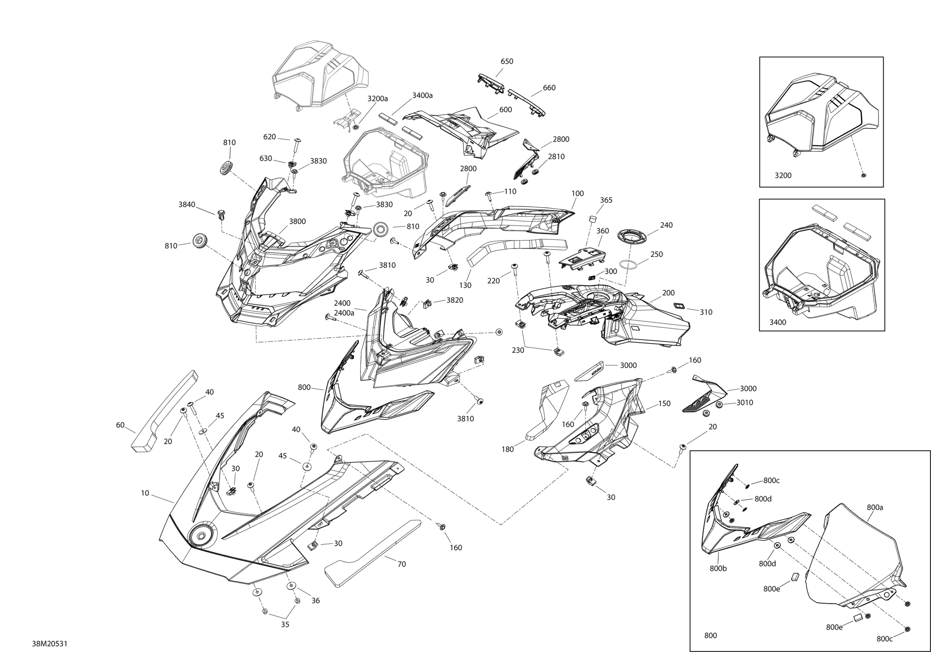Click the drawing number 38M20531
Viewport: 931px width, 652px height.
pyautogui.click(x=50, y=644)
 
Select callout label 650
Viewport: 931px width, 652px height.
pyautogui.click(x=507, y=61)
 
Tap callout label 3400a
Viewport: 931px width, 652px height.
pyautogui.click(x=422, y=95)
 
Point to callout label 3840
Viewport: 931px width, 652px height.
pyautogui.click(x=187, y=205)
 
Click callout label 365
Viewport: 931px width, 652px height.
pyautogui.click(x=606, y=200)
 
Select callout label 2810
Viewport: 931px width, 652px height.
pyautogui.click(x=556, y=156)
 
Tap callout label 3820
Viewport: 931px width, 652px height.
pyautogui.click(x=455, y=300)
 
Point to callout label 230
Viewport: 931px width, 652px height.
pyautogui.click(x=518, y=350)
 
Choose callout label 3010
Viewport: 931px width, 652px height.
pyautogui.click(x=745, y=402)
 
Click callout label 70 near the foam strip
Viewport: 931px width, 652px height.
pyautogui.click(x=402, y=564)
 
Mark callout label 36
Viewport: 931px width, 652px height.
pyautogui.click(x=316, y=600)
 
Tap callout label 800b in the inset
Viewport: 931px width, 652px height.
pyautogui.click(x=718, y=569)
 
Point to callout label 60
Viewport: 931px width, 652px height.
pyautogui.click(x=120, y=425)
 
